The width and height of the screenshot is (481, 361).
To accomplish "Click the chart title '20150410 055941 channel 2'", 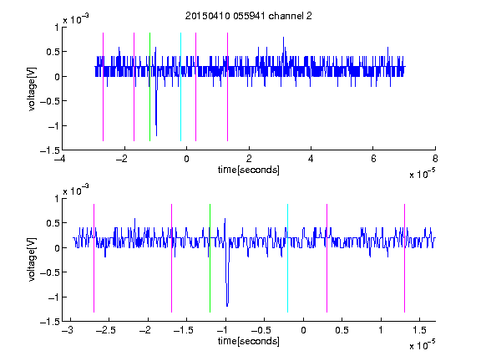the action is (249, 16).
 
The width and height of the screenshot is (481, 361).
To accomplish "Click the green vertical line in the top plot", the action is (149, 87).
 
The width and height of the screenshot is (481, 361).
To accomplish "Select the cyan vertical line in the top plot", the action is (180, 87).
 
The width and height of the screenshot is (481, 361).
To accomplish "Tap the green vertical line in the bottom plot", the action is (210, 258).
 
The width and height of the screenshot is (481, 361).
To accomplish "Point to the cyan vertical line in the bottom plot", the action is (287, 258).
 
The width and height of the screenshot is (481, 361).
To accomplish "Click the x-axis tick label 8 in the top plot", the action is (435, 159).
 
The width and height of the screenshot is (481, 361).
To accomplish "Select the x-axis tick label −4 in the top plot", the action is (60, 159).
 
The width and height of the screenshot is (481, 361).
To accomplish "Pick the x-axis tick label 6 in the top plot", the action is (373, 159).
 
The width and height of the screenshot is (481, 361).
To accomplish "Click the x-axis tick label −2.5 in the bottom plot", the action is (107, 330).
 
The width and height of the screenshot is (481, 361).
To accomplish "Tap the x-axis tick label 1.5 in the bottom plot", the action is (419, 330).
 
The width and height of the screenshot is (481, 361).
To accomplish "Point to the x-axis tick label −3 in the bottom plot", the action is (68, 330).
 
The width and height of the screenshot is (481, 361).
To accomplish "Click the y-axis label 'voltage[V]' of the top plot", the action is (32, 89).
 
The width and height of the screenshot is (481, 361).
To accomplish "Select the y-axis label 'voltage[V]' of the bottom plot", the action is (32, 260).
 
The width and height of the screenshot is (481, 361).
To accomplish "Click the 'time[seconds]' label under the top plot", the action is (249, 170).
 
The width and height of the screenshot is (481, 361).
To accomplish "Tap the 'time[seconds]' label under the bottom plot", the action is (249, 341).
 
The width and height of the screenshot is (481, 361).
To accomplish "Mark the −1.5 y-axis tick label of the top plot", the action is (50, 150).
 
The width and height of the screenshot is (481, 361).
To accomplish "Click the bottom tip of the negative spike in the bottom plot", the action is (227, 306).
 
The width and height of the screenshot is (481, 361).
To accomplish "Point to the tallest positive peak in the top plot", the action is (283, 38).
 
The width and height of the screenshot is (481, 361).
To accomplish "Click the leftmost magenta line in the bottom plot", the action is (94, 258).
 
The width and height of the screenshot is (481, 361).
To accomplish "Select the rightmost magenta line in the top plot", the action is (227, 87).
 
